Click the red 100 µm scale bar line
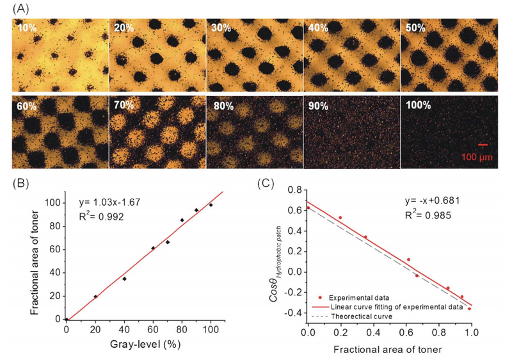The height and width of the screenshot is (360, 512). (483, 145)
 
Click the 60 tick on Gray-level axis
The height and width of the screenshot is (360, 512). (152, 329)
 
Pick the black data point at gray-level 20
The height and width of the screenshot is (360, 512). (95, 297)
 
